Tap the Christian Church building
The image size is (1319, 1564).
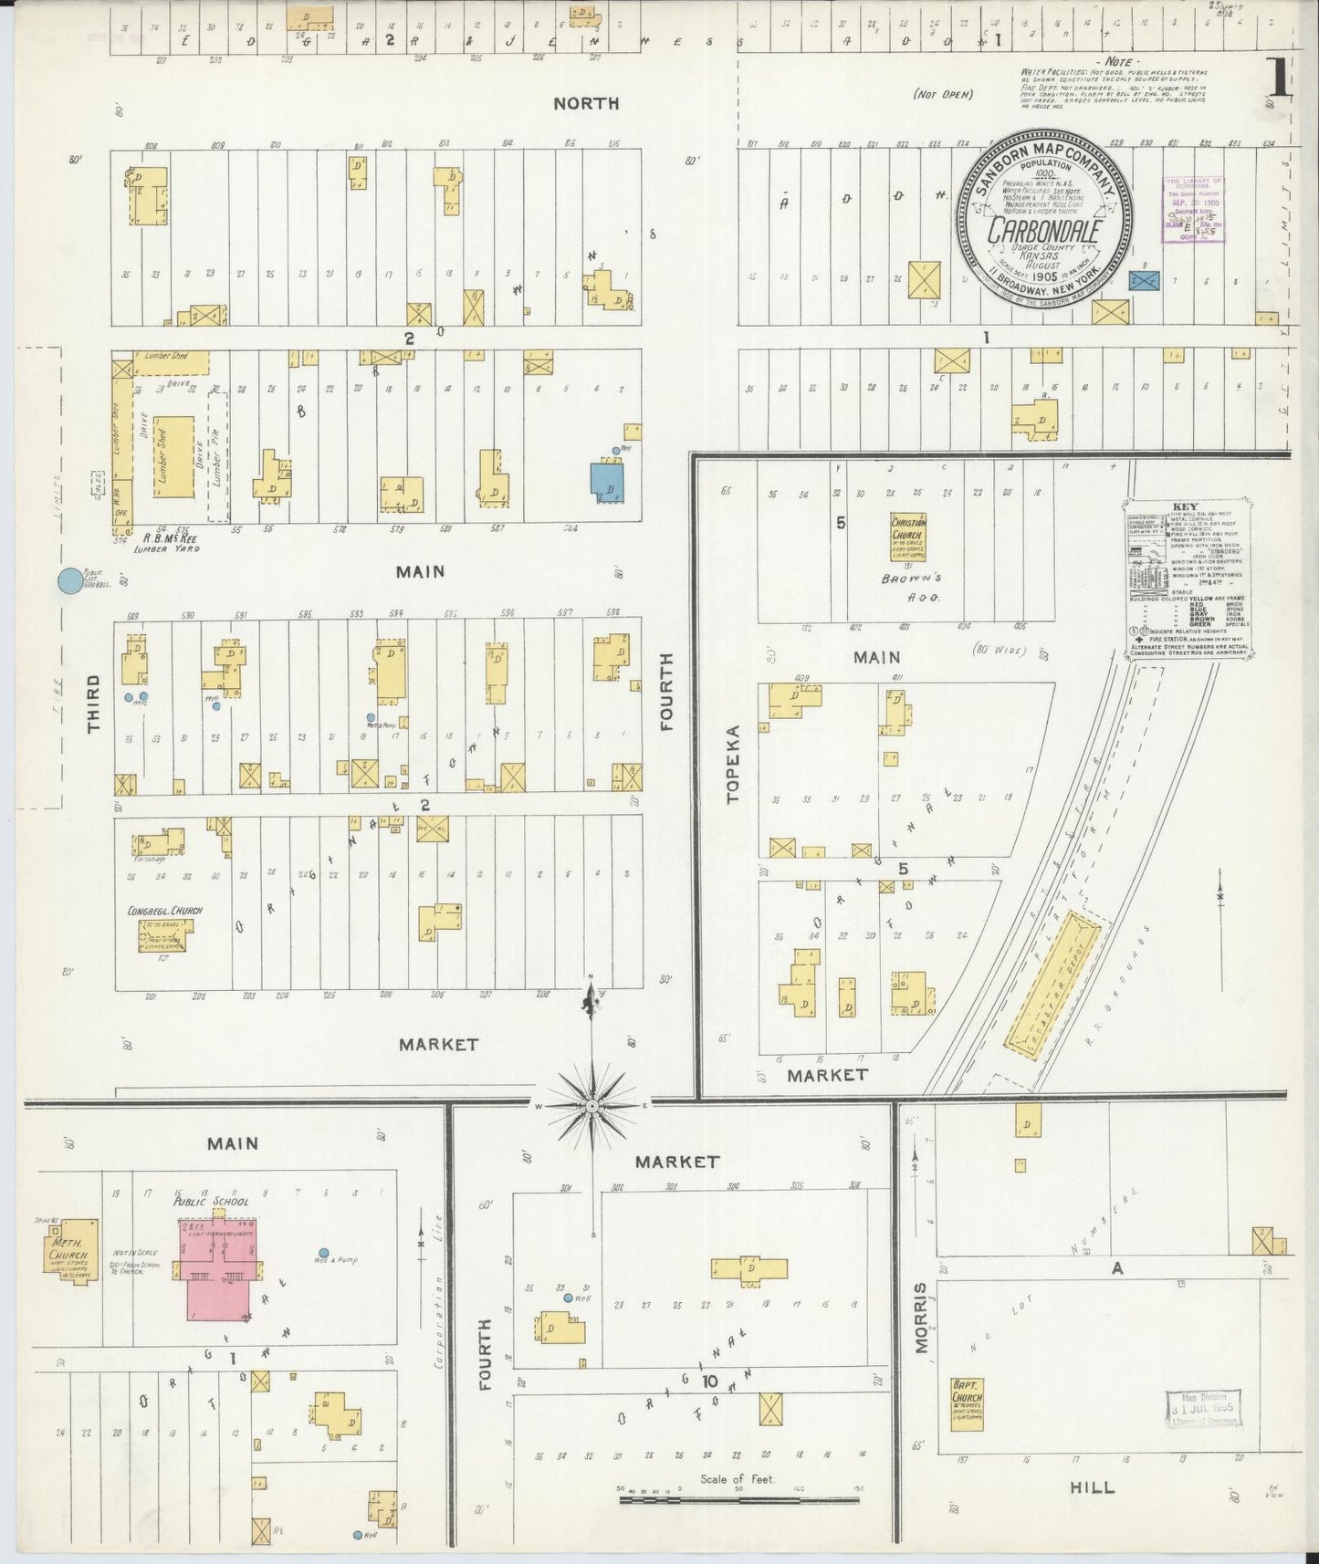(x=908, y=537)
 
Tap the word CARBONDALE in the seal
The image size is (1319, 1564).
(x=1044, y=230)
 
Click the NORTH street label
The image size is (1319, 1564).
(x=586, y=104)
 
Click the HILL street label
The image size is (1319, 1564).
(x=1092, y=1487)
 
